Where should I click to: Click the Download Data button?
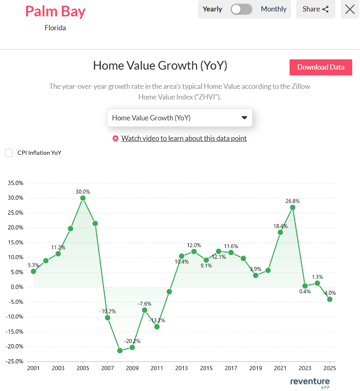321,67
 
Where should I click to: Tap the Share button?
315,9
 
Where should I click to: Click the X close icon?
350,9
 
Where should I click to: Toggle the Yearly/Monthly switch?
241,9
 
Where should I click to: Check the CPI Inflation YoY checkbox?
9,153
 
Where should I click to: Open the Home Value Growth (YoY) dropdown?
179,118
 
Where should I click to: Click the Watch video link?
184,138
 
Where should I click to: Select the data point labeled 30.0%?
83,198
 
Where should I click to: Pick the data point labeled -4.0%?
329,299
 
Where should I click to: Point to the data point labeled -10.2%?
107,317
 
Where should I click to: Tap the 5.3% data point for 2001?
33,271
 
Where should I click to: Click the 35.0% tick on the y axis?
16,183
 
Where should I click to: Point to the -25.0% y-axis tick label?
16,361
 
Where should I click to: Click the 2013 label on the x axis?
181,368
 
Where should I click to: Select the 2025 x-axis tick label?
329,368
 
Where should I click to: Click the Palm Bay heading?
55,11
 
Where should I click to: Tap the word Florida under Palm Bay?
55,28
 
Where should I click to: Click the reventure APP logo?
310,382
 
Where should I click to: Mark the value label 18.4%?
281,226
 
